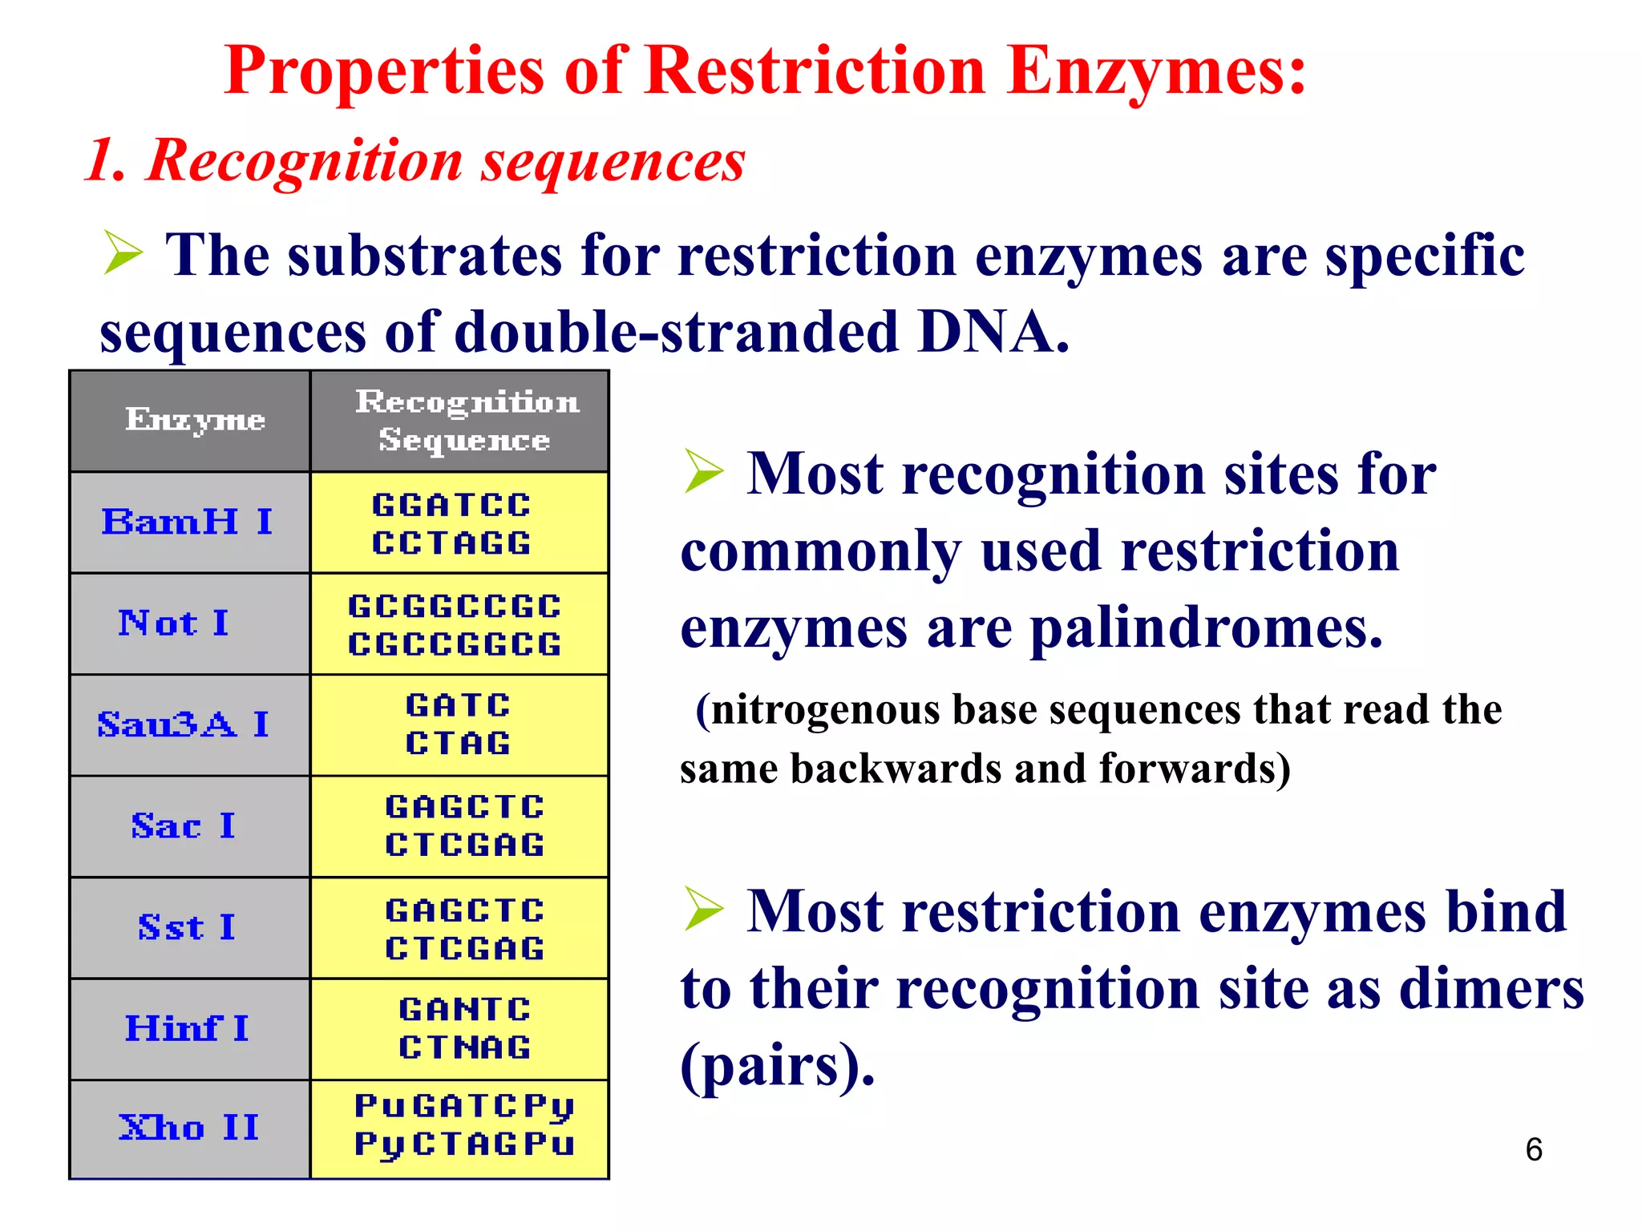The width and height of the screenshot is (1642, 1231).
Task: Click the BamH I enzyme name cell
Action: point(187,522)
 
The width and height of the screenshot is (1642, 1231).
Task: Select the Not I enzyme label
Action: point(174,623)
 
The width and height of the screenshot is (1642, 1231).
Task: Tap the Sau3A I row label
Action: point(183,724)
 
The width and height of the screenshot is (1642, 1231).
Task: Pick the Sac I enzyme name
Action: point(183,825)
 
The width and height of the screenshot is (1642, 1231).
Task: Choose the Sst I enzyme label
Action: point(186,927)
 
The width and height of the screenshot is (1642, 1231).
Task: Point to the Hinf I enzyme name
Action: point(187,1028)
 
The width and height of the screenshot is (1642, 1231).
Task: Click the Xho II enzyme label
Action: point(189,1128)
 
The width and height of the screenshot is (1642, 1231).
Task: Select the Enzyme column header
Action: point(195,420)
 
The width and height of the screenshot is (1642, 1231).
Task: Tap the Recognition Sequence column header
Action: point(466,420)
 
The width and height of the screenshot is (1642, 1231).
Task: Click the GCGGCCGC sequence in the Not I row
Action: point(455,607)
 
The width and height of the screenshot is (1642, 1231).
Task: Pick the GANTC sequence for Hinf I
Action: point(465,1010)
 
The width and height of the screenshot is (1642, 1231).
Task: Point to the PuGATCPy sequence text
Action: point(465,1107)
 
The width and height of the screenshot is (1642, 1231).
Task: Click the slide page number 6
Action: point(1533,1149)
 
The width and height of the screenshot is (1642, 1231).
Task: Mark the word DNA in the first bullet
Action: point(993,331)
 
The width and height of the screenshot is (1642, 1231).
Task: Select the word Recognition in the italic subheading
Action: point(305,160)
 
